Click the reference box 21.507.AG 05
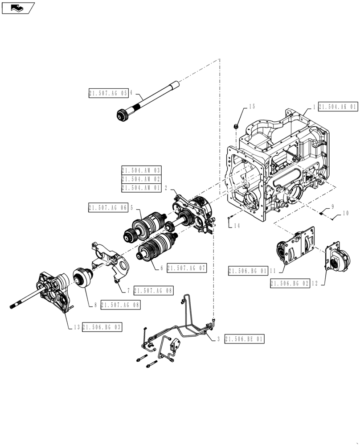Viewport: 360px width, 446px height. tap(108, 93)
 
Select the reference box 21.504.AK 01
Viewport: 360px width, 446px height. tap(338, 107)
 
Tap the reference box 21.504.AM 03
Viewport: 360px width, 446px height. tap(141, 170)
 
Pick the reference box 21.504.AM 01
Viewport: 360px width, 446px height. tap(141, 188)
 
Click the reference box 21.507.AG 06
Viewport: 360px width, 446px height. tap(108, 207)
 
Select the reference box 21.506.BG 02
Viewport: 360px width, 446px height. tap(289, 283)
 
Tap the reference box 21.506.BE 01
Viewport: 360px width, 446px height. tap(245, 339)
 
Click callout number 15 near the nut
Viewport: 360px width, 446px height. tap(252, 107)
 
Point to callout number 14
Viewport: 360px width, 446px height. tap(237, 226)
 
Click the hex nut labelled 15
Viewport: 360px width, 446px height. tap(237, 127)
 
